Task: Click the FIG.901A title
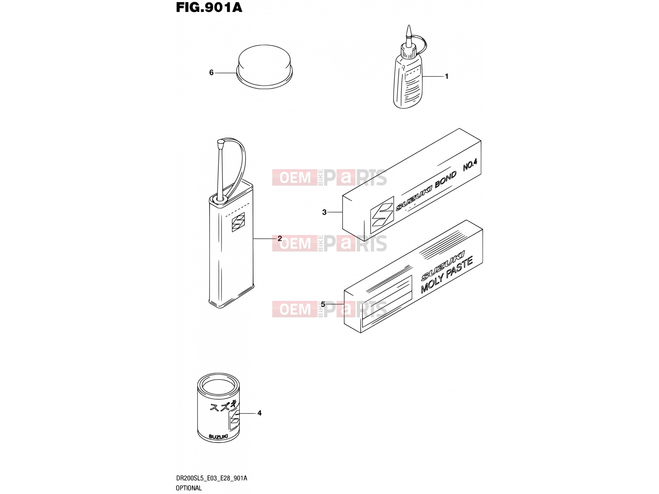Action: [x=209, y=7]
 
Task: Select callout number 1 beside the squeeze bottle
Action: [x=446, y=77]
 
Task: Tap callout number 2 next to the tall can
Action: [x=280, y=238]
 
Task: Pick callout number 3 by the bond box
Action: [x=324, y=212]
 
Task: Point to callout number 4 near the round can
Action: [x=259, y=413]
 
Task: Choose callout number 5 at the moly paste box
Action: [x=323, y=305]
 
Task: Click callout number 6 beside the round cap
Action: [x=211, y=72]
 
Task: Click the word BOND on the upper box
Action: [x=446, y=179]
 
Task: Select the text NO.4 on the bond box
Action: [x=470, y=165]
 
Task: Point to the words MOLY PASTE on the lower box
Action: [x=447, y=275]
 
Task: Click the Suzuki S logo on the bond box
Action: [x=382, y=215]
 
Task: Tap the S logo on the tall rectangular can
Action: [x=238, y=222]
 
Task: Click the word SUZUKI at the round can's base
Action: [x=218, y=437]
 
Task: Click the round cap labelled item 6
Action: [x=264, y=67]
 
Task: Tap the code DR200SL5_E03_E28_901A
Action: [x=211, y=478]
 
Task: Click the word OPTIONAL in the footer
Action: [x=189, y=488]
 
